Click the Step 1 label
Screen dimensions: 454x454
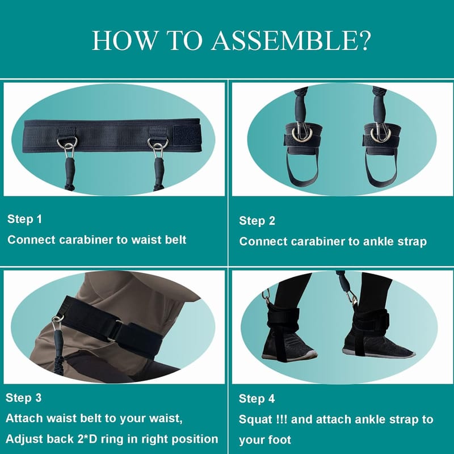click(x=24, y=219)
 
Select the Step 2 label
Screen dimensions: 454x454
click(x=257, y=221)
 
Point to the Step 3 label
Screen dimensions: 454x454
click(x=23, y=398)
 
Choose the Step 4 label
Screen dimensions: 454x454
click(x=257, y=399)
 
